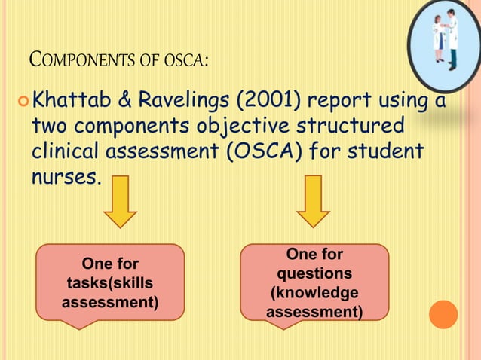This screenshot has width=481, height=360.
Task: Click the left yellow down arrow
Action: [120, 201]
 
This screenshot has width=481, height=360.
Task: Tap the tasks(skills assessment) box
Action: [109, 283]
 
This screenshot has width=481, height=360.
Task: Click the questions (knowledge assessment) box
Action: [314, 283]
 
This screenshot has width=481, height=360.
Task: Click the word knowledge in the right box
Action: [314, 293]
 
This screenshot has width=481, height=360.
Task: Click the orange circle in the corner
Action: [443, 314]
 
